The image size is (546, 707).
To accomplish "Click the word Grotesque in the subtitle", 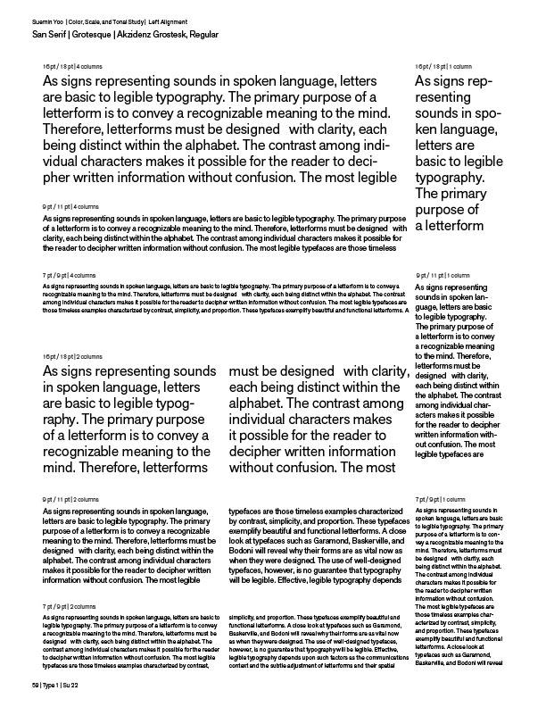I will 86,33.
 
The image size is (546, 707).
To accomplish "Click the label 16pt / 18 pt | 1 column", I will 443,67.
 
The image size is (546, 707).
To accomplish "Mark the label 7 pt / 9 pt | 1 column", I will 441,499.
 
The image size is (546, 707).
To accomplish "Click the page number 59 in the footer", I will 34,684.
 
